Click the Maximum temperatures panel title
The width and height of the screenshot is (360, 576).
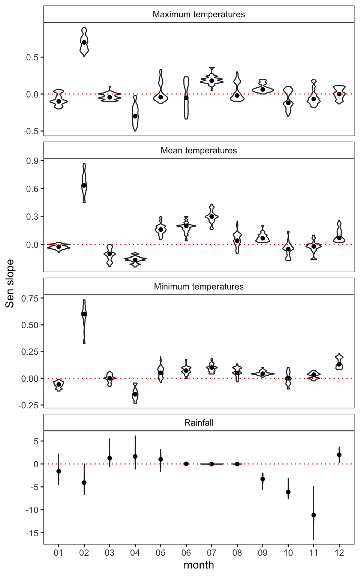(199, 15)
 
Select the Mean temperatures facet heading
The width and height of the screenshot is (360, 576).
(199, 151)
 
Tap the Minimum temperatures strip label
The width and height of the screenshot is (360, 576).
(199, 287)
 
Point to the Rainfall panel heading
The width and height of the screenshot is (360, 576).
(199, 423)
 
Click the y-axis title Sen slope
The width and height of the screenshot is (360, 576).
(10, 283)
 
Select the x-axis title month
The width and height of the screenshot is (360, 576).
(199, 565)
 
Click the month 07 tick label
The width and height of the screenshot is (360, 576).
(211, 553)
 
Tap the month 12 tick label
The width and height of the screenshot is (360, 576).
(339, 553)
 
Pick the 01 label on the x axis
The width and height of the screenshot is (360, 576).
(58, 553)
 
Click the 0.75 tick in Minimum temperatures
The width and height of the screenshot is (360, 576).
(30, 298)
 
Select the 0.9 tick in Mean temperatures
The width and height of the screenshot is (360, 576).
(33, 161)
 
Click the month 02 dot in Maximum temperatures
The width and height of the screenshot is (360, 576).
(84, 42)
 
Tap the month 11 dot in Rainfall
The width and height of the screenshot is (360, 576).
(313, 515)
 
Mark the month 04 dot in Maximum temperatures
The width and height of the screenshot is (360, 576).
(135, 116)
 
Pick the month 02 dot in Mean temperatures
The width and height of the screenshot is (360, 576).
(84, 186)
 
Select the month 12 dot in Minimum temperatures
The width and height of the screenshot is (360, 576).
(339, 364)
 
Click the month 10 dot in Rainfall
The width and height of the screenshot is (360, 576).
(288, 492)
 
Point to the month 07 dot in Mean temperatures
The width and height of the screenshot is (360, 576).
(211, 216)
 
